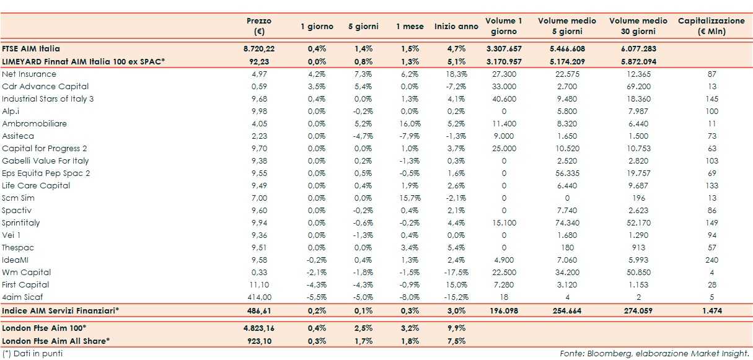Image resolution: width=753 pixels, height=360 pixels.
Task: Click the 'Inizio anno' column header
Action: pyautogui.click(x=456, y=27)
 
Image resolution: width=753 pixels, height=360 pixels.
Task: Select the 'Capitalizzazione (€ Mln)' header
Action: pyautogui.click(x=711, y=26)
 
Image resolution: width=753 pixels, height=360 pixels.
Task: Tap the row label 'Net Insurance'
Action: pyautogui.click(x=29, y=74)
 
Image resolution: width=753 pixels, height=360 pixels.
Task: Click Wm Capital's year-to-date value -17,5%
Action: pyautogui.click(x=456, y=272)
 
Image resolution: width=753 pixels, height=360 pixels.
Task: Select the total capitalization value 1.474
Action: pyautogui.click(x=711, y=310)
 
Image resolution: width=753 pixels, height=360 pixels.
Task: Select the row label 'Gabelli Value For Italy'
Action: pyautogui.click(x=45, y=160)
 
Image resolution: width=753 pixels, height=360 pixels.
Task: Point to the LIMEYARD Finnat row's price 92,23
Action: pyautogui.click(x=259, y=61)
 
